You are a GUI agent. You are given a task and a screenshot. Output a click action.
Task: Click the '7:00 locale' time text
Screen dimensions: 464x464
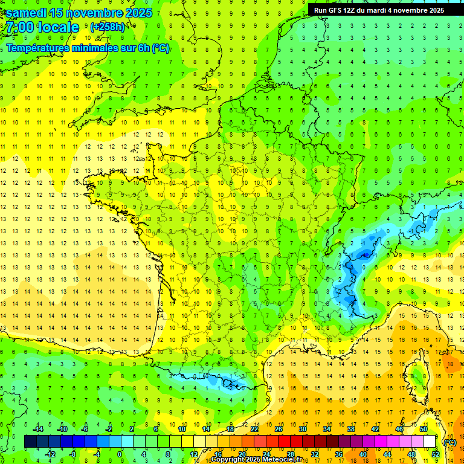[43, 27]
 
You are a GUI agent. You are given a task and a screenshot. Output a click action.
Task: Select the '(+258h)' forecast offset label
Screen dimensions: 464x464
[108, 27]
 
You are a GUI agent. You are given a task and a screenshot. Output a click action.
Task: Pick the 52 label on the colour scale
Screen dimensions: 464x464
[436, 454]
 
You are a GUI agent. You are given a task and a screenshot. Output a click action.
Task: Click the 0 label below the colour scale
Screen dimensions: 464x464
[120, 454]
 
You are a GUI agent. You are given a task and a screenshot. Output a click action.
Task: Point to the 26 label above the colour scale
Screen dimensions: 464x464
[279, 429]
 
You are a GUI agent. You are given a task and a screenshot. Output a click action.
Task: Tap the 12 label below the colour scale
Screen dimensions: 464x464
[193, 454]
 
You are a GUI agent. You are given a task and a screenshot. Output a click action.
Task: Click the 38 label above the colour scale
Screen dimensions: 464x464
[351, 429]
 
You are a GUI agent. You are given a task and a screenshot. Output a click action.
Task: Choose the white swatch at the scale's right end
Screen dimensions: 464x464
[430, 442]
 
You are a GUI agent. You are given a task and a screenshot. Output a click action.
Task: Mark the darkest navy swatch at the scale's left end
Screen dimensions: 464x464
[30, 442]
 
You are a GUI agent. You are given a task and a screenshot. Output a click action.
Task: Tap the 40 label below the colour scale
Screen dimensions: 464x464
[363, 454]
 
